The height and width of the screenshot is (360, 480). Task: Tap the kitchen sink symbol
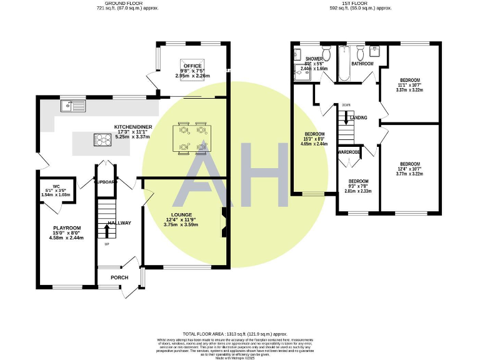[x=73, y=105]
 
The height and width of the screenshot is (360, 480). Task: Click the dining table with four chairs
[x=192, y=137]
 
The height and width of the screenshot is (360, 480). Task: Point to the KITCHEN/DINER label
[x=130, y=127]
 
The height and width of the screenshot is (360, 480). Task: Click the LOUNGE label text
[x=180, y=214]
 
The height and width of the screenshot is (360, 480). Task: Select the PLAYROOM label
[x=67, y=227]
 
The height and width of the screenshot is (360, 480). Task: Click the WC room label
[x=56, y=186]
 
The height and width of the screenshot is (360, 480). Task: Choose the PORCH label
[x=119, y=277]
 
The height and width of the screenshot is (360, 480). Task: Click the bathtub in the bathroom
[x=344, y=65]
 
